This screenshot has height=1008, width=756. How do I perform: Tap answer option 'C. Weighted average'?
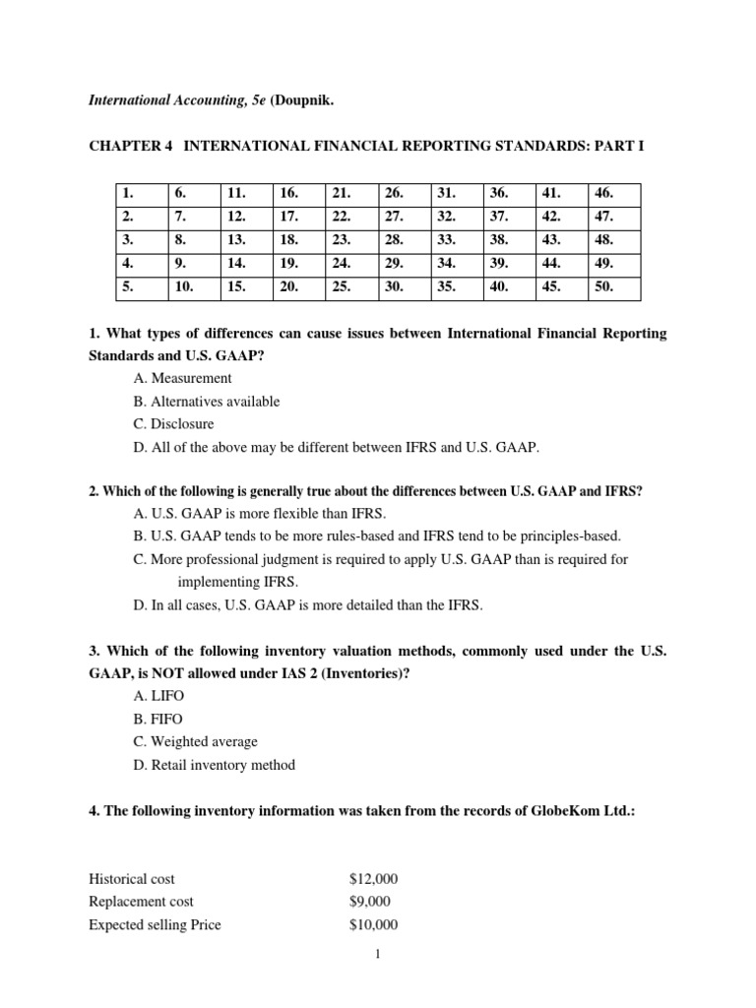(x=194, y=741)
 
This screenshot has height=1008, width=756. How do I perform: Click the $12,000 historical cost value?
(x=374, y=878)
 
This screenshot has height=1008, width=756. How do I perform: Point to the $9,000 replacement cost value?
(x=370, y=901)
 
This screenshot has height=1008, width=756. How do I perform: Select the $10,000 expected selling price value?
(x=374, y=924)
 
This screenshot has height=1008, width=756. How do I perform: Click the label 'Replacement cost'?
(x=141, y=901)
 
